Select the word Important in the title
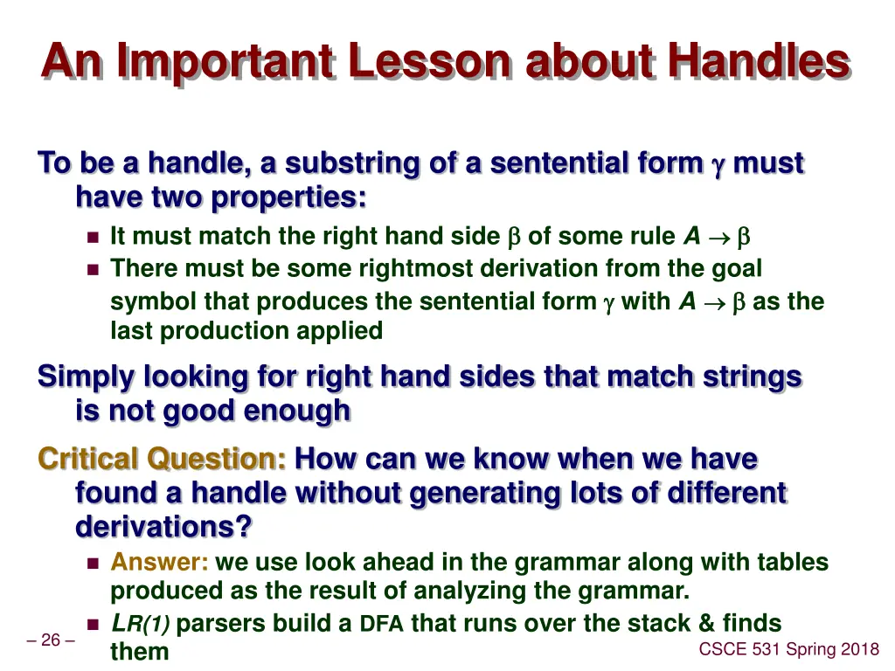(225, 62)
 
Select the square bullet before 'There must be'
(94, 269)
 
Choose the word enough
(299, 411)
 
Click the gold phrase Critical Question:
(162, 459)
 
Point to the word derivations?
(163, 527)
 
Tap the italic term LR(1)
(140, 624)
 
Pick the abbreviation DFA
(381, 624)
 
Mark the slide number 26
(51, 640)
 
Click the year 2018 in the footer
(858, 649)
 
